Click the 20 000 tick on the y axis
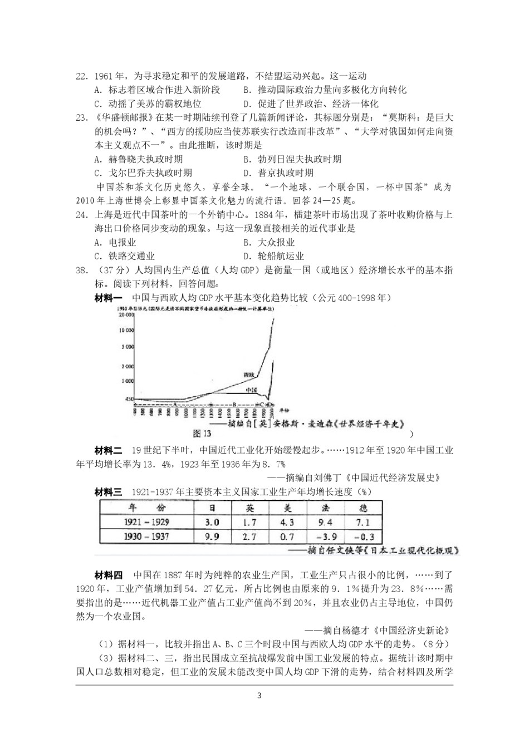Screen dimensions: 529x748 (126, 314)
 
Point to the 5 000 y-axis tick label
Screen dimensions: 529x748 (127, 346)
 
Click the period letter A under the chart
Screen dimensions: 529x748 (175, 403)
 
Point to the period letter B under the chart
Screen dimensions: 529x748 (234, 404)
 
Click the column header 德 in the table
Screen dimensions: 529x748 (363, 508)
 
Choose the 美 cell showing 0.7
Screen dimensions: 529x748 (287, 537)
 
